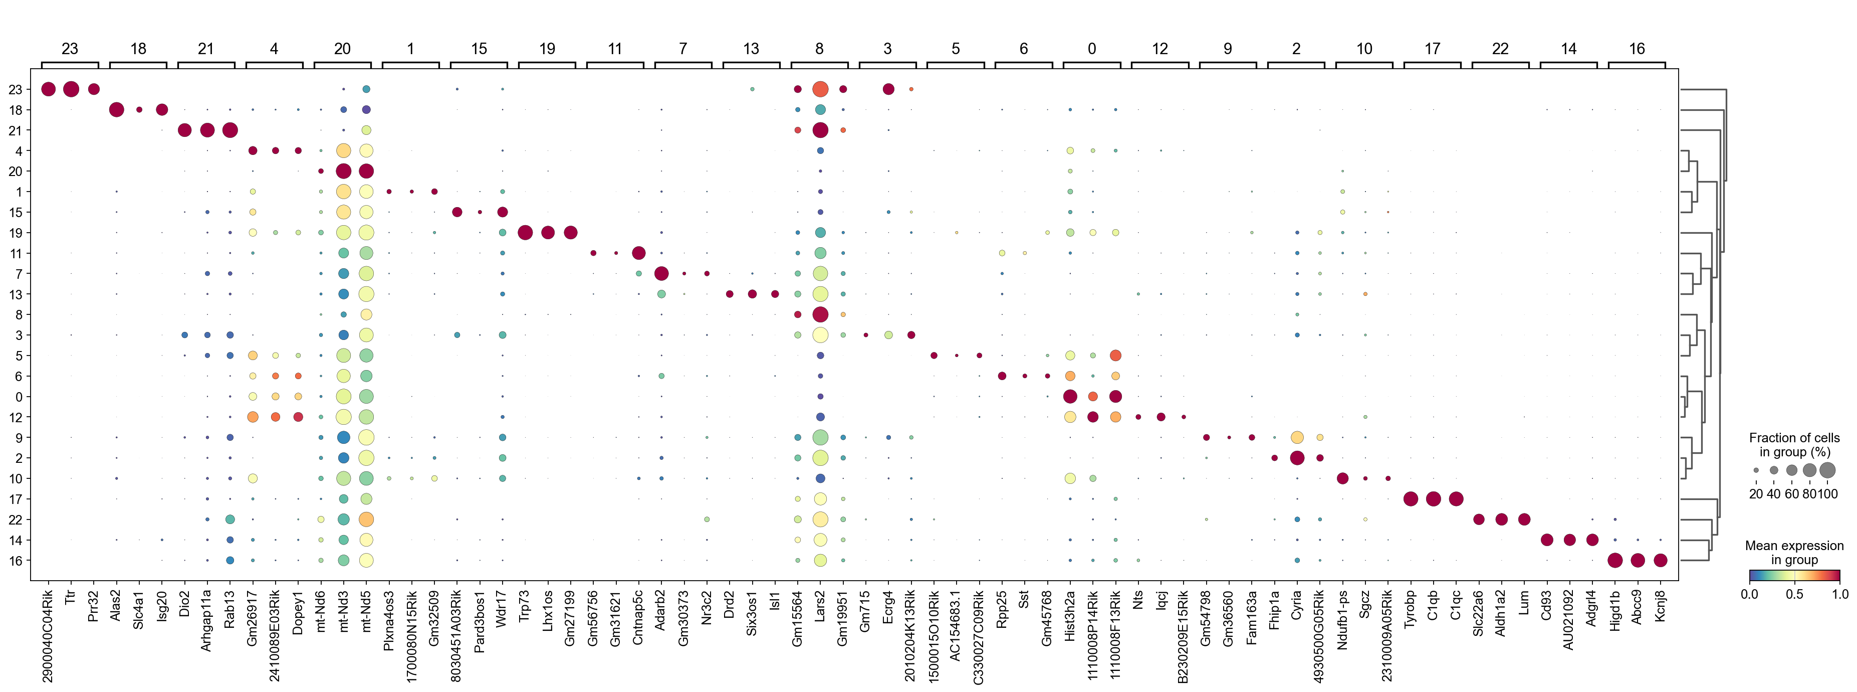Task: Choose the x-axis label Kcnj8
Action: (x=1660, y=607)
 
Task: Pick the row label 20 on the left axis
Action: (x=15, y=171)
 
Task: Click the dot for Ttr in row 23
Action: (x=71, y=89)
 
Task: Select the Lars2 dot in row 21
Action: (x=820, y=130)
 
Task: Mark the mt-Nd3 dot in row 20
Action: (x=343, y=171)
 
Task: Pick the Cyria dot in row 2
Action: (x=1297, y=458)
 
